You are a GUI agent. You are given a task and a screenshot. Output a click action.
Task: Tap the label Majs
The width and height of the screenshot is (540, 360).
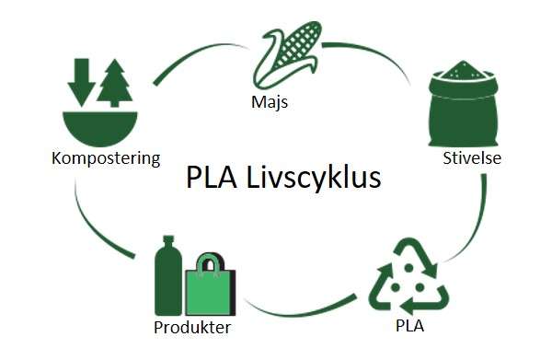[x=270, y=102]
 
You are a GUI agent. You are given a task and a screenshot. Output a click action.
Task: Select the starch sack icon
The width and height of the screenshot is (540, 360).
[x=464, y=109]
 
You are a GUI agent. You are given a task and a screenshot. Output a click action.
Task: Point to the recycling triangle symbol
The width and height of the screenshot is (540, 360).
[x=408, y=279]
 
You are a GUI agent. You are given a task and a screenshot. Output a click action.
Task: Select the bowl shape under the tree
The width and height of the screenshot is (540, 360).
[x=99, y=125]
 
